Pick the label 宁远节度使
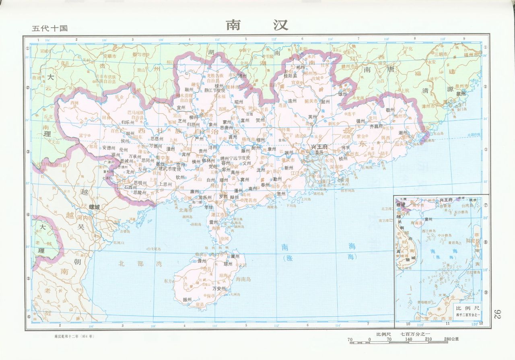point(240,157)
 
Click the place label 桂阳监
point(290,75)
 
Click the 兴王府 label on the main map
point(319,147)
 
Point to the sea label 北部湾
point(134,264)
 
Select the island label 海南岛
point(243,279)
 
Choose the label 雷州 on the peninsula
point(214,221)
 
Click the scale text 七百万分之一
point(415,334)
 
